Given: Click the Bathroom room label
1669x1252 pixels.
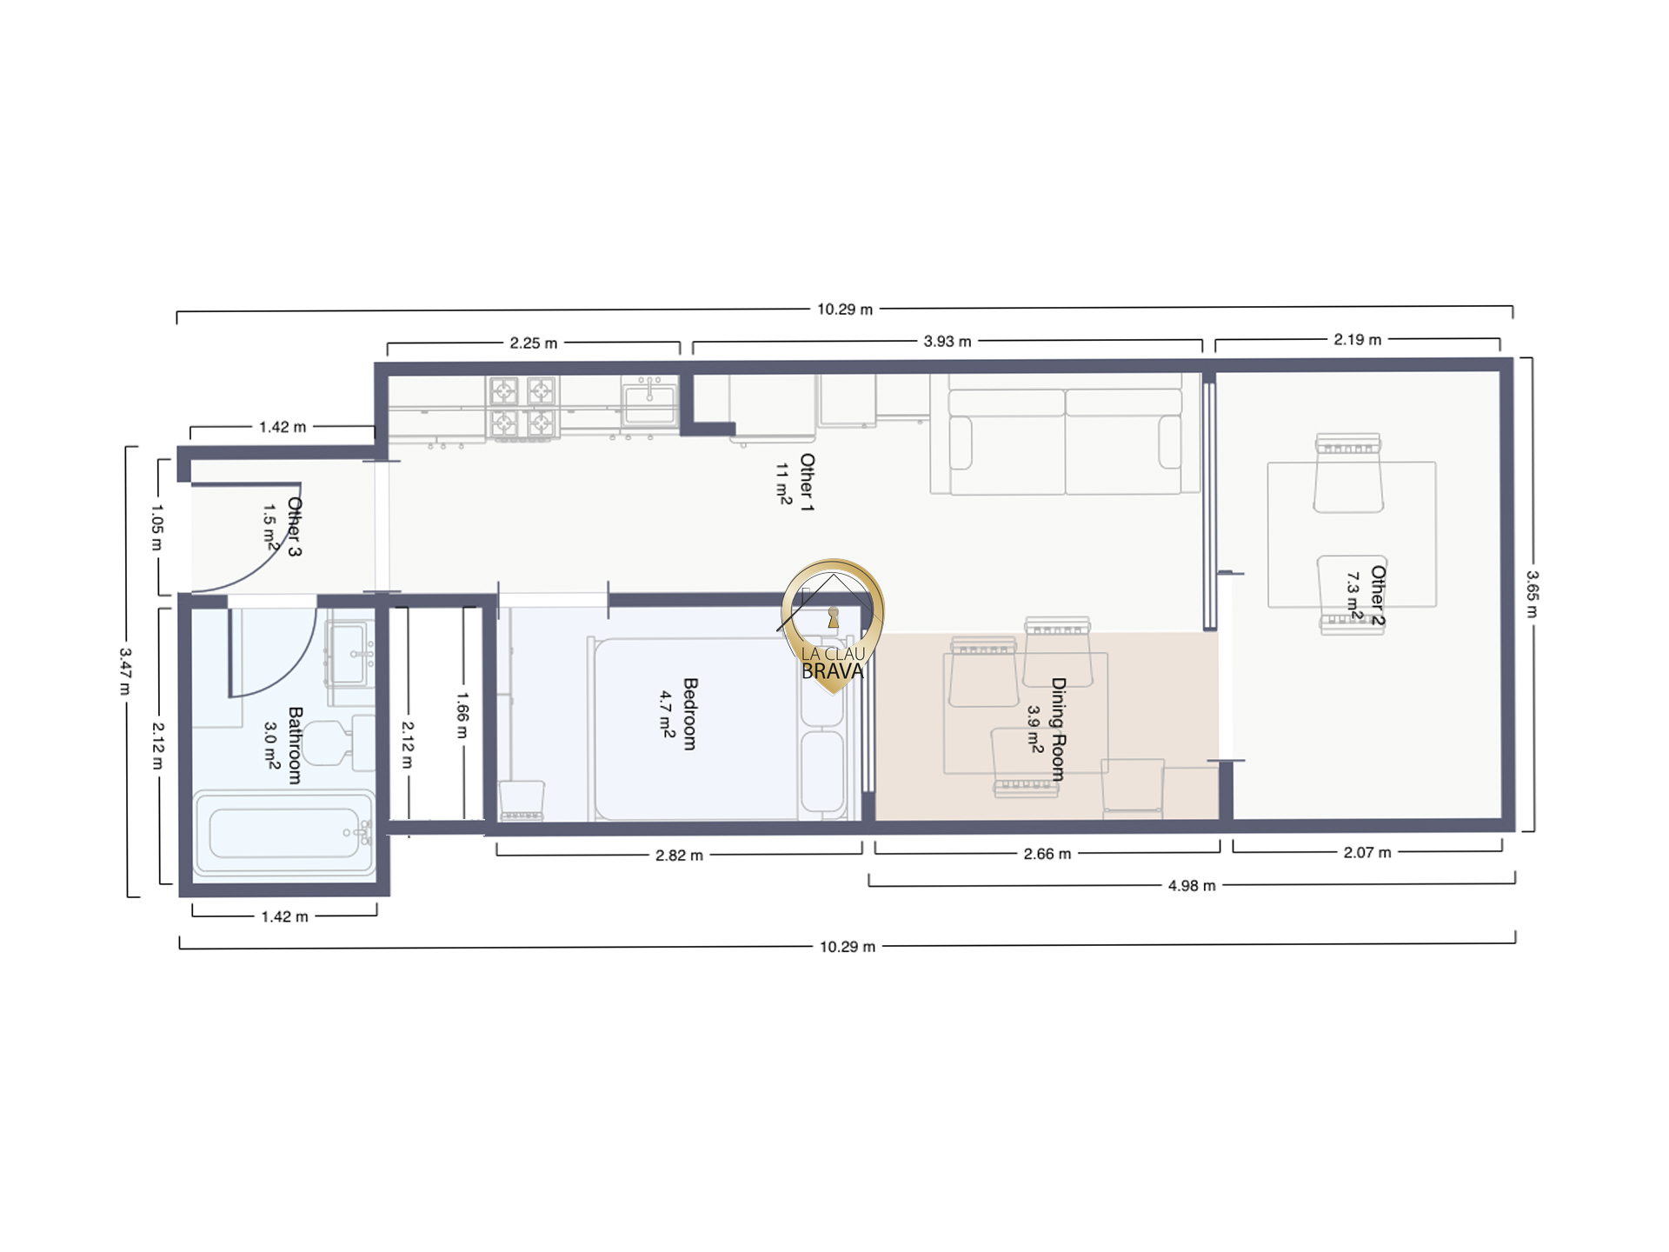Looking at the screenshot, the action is pyautogui.click(x=296, y=745).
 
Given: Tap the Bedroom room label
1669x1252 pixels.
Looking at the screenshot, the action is pyautogui.click(x=690, y=714).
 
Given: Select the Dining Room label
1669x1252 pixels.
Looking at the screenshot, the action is pyautogui.click(x=1059, y=729).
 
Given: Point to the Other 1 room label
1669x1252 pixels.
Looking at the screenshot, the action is pyautogui.click(x=808, y=483).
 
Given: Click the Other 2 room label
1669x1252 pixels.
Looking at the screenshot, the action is pyautogui.click(x=1378, y=596).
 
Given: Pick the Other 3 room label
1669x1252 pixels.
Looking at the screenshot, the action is pyautogui.click(x=295, y=527).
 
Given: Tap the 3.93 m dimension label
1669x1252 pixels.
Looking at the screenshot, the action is pyautogui.click(x=948, y=342).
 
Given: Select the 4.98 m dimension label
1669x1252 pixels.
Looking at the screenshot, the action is pyautogui.click(x=1192, y=886).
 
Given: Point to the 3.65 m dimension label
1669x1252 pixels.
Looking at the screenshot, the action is pyautogui.click(x=1533, y=594).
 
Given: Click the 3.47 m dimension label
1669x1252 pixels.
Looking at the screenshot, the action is pyautogui.click(x=125, y=671).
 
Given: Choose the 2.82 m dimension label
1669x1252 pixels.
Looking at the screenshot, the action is pyautogui.click(x=679, y=856).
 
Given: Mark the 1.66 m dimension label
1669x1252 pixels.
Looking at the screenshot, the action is pyautogui.click(x=462, y=715).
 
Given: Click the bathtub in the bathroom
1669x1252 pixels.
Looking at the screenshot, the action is pyautogui.click(x=284, y=833).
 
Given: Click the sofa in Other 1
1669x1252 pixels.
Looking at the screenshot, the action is pyautogui.click(x=1065, y=434).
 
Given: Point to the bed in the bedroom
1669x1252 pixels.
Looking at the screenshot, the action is pyautogui.click(x=719, y=729).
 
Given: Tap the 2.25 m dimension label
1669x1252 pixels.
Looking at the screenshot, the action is pyautogui.click(x=534, y=343).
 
